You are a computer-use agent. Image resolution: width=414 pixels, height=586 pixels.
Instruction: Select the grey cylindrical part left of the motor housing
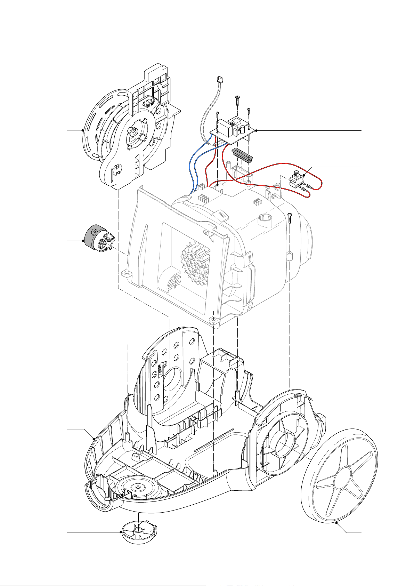click(x=99, y=240)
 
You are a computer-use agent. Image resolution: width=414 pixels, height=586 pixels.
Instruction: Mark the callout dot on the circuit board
click(x=256, y=131)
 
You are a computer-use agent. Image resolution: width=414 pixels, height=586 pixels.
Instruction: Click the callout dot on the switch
click(x=304, y=176)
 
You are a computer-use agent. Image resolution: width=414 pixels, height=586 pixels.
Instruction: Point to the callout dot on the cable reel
click(x=82, y=130)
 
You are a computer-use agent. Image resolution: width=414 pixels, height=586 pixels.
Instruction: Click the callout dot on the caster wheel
click(x=121, y=532)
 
